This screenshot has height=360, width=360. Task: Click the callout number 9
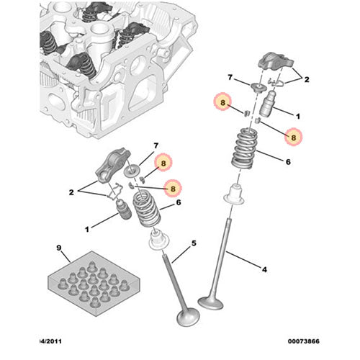[x=59, y=248]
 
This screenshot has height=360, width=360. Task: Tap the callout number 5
[x=194, y=243]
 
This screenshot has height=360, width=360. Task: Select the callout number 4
[x=264, y=269]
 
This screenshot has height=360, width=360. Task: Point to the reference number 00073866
[x=304, y=341]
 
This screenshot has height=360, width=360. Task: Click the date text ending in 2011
[x=50, y=341]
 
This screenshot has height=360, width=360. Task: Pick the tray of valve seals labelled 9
[x=94, y=284]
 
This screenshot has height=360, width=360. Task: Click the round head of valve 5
[x=188, y=317]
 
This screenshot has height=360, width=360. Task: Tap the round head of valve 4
[x=210, y=303]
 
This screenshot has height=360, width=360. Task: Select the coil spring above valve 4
[x=244, y=148]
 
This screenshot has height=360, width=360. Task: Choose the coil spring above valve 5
[x=146, y=207]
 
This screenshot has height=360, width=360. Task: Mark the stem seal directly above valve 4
[x=234, y=194]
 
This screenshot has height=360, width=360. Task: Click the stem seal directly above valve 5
[x=158, y=240]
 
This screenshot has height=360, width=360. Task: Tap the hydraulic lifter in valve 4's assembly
[x=267, y=104]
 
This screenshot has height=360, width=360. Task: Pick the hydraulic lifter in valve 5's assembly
[x=123, y=210]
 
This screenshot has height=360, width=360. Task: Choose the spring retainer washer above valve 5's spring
[x=132, y=171]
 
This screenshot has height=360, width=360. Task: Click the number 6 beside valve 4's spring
[x=288, y=162]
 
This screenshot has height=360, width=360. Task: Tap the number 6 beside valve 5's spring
[x=179, y=202]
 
